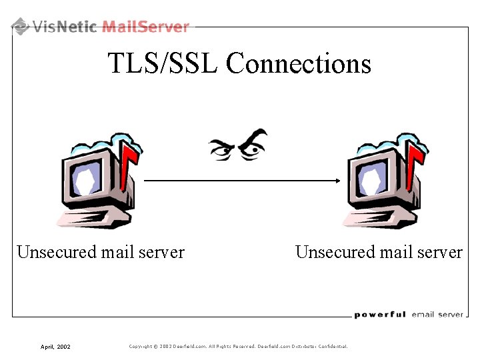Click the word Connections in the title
[298, 64]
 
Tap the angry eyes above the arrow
[238, 146]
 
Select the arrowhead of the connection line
[337, 180]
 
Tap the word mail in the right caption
[397, 253]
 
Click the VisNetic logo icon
[21, 27]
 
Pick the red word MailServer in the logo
[146, 27]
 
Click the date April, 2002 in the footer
[55, 347]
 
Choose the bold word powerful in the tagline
[379, 315]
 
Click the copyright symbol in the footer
[156, 346]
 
